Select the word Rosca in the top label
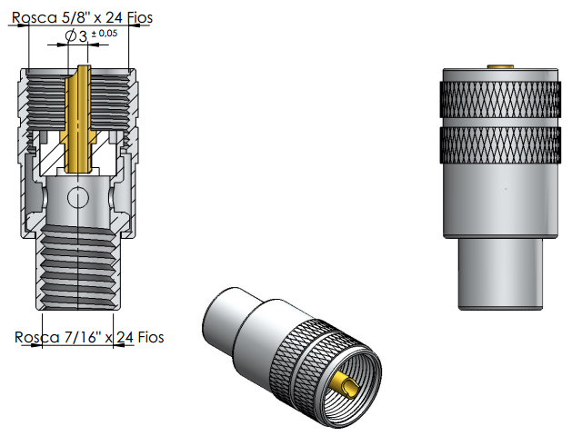32,16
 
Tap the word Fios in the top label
136,16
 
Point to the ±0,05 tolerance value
104,33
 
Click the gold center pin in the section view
79,118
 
